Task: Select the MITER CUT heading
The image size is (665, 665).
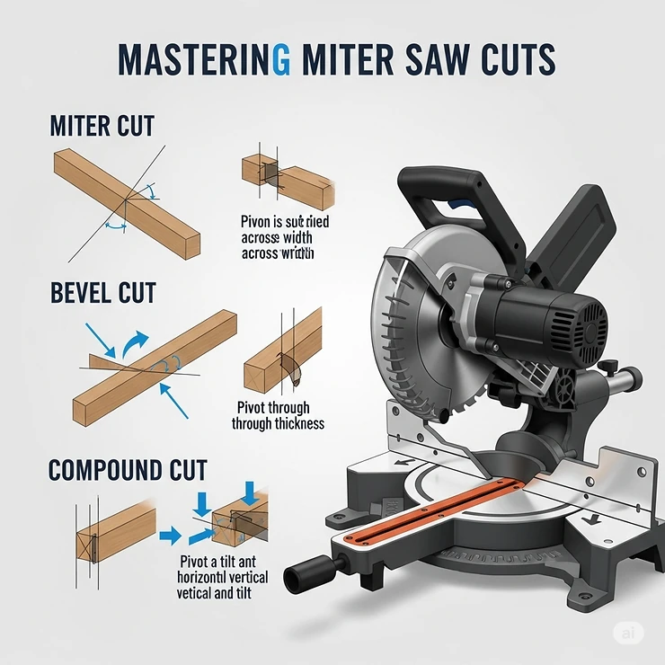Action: [x=102, y=125]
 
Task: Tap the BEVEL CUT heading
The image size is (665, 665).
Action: [x=103, y=292]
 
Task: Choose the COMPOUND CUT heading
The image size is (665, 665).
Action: [x=128, y=469]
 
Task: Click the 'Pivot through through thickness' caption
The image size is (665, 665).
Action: [x=278, y=415]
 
